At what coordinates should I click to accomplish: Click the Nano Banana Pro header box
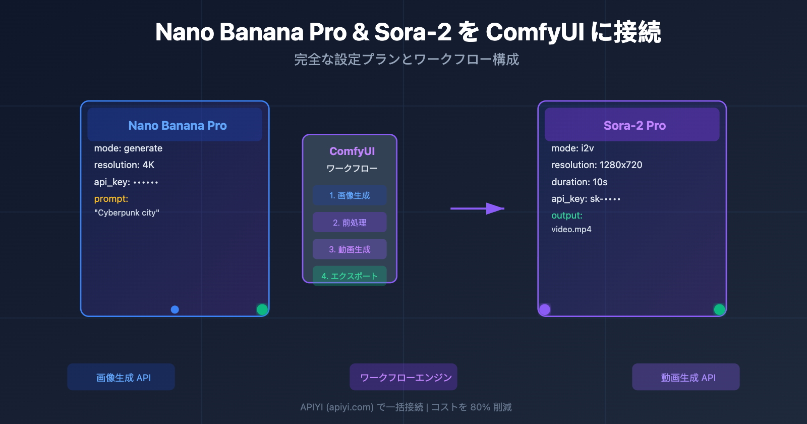[x=175, y=125]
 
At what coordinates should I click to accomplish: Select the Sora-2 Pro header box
[x=632, y=125]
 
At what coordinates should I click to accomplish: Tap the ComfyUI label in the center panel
[x=352, y=151]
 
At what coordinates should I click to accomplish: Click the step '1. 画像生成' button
[x=350, y=195]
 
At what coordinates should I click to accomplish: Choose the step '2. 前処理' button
[x=350, y=222]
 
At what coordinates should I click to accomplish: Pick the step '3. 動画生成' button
[x=350, y=249]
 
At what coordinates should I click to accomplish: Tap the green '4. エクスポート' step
[x=350, y=276]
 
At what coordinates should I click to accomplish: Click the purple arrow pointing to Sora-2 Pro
[x=477, y=208]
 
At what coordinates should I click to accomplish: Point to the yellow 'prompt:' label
[x=111, y=199]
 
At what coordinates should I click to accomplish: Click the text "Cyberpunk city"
[x=127, y=213]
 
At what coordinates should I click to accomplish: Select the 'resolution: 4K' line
[x=124, y=165]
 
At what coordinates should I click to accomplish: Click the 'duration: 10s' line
[x=579, y=182]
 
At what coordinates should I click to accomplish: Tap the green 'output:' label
[x=566, y=216]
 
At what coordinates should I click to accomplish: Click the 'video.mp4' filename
[x=571, y=230]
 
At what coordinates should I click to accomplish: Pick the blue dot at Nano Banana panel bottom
[x=175, y=309]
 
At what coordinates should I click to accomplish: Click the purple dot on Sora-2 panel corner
[x=545, y=309]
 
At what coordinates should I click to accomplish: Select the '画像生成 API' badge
[x=121, y=377]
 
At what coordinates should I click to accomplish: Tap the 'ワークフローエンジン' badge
[x=403, y=377]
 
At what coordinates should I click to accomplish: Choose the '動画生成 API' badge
[x=686, y=377]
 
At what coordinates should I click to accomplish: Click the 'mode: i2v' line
[x=572, y=148]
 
